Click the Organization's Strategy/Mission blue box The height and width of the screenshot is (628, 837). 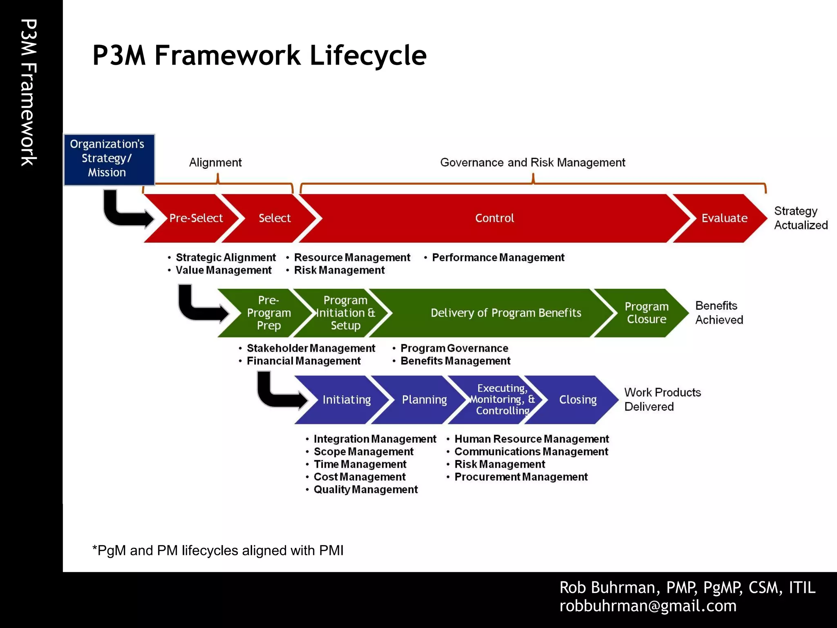tap(109, 159)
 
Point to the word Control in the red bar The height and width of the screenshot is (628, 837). tap(494, 218)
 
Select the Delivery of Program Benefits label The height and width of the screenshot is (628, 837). tap(506, 313)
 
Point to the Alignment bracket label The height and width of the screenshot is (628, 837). tap(215, 163)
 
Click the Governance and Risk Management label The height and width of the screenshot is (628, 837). tap(533, 163)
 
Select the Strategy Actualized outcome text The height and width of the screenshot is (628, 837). tap(800, 218)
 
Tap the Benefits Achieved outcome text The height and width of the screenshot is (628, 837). tap(719, 313)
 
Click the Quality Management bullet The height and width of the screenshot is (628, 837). tap(365, 490)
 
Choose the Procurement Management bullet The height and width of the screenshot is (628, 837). tap(521, 477)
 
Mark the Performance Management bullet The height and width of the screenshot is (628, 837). tap(498, 258)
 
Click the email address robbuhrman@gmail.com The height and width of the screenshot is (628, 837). tap(648, 606)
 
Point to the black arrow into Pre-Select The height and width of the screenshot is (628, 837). tap(125, 211)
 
